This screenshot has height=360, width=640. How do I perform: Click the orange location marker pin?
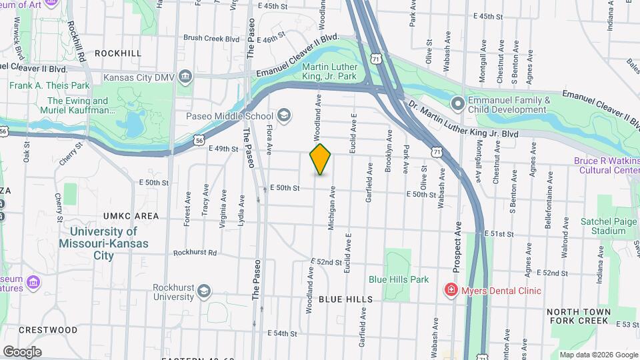(x=321, y=159)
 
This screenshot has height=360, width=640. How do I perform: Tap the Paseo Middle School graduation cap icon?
(x=284, y=116)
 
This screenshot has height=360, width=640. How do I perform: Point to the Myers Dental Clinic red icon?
(x=451, y=290)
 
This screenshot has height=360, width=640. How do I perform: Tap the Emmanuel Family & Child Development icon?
(x=457, y=104)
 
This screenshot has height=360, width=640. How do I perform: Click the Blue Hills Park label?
(x=399, y=279)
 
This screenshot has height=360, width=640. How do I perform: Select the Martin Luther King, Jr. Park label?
(x=330, y=71)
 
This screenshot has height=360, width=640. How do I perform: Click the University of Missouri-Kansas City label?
(x=103, y=243)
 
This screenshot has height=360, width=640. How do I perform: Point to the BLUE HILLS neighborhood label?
(x=345, y=300)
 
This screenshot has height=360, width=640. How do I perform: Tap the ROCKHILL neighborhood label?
(x=118, y=53)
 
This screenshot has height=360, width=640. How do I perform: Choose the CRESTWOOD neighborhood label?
(x=48, y=329)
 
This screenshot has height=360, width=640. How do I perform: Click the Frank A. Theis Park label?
(x=49, y=85)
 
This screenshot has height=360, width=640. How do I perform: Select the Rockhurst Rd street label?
(x=195, y=253)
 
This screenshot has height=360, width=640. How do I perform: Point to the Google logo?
(x=22, y=351)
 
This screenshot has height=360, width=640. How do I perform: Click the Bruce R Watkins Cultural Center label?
(x=607, y=165)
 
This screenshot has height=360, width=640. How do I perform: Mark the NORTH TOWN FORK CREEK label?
(x=579, y=317)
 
